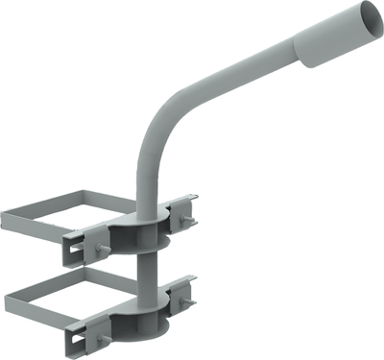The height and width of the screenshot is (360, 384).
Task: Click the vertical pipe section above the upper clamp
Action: click(x=143, y=182)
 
